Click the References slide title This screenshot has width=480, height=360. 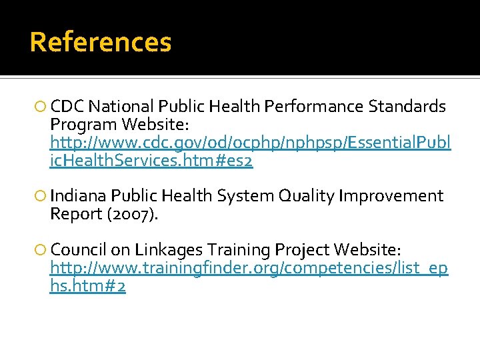[x=101, y=42]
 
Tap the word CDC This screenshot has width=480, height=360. [x=67, y=107]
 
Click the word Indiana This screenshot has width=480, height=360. [x=79, y=196]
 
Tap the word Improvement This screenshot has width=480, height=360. [x=391, y=196]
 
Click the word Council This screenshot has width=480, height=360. [x=78, y=250]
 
